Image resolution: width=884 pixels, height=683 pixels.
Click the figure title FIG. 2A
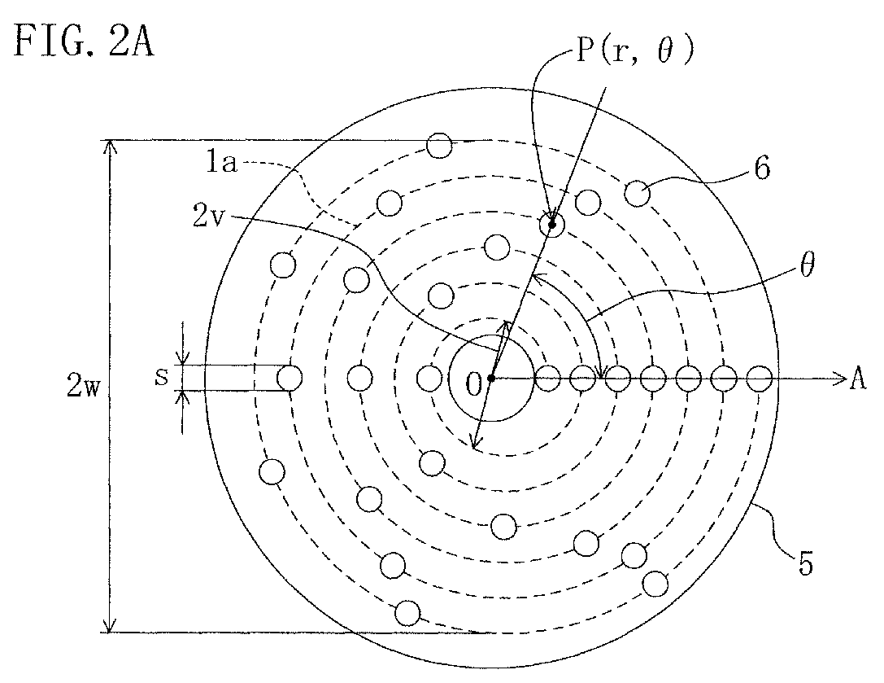tap(84, 42)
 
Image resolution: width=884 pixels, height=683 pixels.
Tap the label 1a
tap(221, 163)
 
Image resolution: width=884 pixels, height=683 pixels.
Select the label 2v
tap(210, 217)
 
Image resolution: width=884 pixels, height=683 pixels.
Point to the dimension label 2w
tap(84, 387)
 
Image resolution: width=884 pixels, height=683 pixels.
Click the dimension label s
tap(162, 377)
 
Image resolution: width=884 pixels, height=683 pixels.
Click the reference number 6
tap(762, 169)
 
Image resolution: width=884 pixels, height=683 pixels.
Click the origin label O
tap(474, 385)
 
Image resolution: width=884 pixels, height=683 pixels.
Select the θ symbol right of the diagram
tap(807, 265)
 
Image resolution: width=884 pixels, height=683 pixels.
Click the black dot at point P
tap(552, 225)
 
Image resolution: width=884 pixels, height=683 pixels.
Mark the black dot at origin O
tap(491, 379)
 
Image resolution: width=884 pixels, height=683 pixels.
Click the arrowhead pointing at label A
tap(840, 379)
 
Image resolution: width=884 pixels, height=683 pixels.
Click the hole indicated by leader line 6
tap(637, 194)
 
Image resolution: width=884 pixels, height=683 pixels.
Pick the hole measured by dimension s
tap(290, 378)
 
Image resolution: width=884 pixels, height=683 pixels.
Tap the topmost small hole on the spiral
tap(440, 145)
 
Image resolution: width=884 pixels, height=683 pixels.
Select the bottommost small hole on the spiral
tap(407, 614)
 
